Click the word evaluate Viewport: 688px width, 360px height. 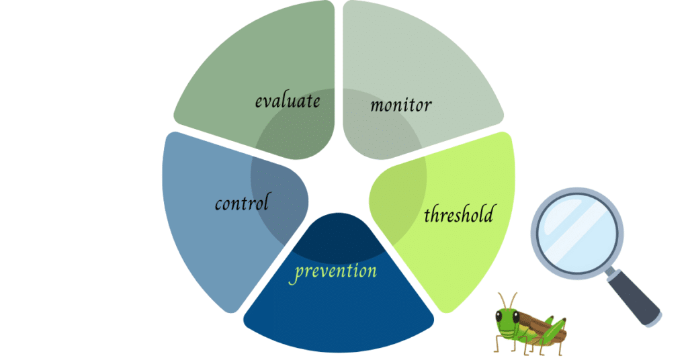[x=287, y=101]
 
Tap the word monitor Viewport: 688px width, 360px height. [x=400, y=105]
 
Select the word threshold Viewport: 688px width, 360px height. [x=458, y=215]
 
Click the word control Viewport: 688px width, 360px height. [x=242, y=202]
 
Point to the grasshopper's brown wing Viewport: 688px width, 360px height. [x=537, y=325]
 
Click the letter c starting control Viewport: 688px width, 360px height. [x=219, y=204]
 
